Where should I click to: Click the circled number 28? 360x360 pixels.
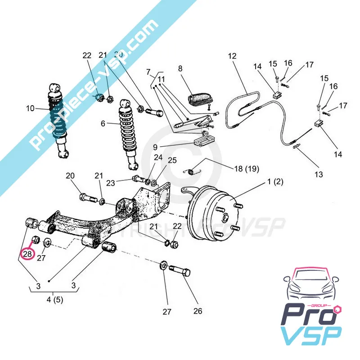coord(27,254)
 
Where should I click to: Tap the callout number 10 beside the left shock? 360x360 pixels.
coord(30,108)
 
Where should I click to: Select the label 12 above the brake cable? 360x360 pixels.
coord(232,56)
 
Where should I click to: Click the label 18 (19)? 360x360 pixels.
coord(247,169)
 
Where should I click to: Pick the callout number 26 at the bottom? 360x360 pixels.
coord(198,310)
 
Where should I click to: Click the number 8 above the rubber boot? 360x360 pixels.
coord(180,69)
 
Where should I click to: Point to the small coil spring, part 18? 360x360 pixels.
coord(193,171)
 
